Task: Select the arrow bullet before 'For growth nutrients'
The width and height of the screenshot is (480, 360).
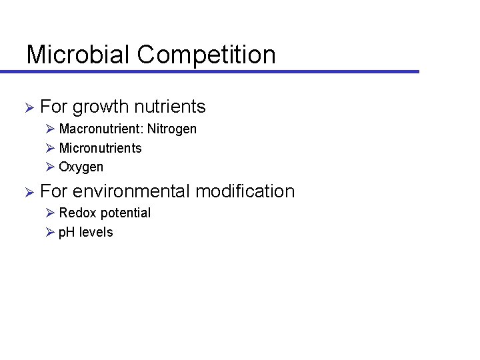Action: (x=29, y=107)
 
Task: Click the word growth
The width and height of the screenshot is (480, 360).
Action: (x=100, y=107)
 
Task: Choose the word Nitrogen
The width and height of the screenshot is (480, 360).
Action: (x=172, y=129)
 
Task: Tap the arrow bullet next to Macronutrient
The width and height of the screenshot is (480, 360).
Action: (x=51, y=129)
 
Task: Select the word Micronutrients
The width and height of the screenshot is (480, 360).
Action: (x=101, y=148)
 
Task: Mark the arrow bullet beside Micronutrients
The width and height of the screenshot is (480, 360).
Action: (x=51, y=148)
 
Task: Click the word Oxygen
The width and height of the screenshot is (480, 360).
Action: (x=81, y=167)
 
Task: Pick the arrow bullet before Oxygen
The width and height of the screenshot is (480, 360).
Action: (x=51, y=167)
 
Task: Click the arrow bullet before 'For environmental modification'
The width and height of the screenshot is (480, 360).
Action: (x=29, y=192)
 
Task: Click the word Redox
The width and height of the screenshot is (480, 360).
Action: (x=76, y=213)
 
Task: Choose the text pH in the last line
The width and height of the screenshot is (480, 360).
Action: (x=67, y=233)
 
